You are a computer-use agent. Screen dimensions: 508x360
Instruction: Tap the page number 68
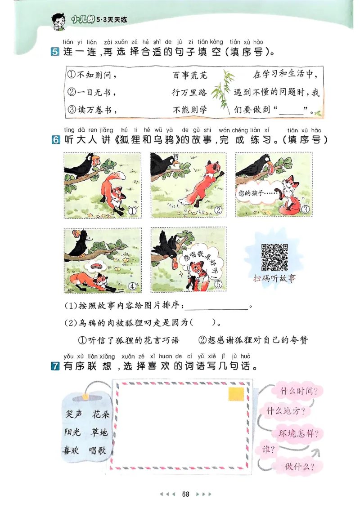pos(185,494)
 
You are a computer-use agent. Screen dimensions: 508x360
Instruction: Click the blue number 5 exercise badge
pos(56,53)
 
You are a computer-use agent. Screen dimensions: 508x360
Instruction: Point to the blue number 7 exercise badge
pos(56,366)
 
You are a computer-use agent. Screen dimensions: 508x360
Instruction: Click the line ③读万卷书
pos(90,109)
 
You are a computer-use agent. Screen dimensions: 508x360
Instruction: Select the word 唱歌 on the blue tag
pos(97,450)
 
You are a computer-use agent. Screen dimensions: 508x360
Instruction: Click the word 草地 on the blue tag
pos(99,432)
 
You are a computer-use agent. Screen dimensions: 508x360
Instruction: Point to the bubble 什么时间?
pos(298,391)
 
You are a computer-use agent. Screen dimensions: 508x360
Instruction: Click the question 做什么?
pos(299,466)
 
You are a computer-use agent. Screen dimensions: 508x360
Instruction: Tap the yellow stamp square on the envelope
pos(235,394)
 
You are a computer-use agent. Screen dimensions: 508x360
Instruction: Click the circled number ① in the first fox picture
pos(132,210)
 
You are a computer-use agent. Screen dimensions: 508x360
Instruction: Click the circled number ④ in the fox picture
pos(132,285)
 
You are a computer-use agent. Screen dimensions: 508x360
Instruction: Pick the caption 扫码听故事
pos(274,278)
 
